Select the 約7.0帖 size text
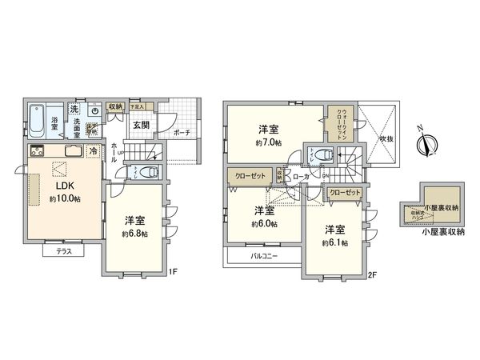269,142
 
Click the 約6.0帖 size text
263,224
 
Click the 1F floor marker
172,272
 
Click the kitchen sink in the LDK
70,152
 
